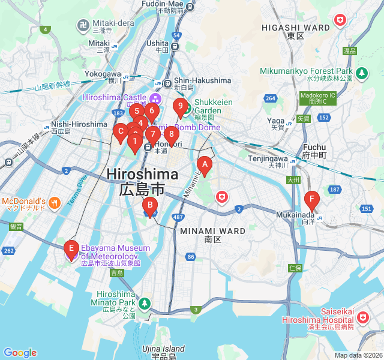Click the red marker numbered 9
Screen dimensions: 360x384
pyautogui.click(x=179, y=107)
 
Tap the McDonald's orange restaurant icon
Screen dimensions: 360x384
pyautogui.click(x=55, y=202)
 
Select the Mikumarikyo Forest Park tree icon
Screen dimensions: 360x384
pyautogui.click(x=361, y=73)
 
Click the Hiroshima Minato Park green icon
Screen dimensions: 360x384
pyautogui.click(x=144, y=304)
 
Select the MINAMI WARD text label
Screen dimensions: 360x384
pyautogui.click(x=212, y=231)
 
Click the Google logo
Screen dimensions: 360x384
pyautogui.click(x=20, y=353)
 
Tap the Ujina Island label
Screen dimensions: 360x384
pyautogui.click(x=163, y=349)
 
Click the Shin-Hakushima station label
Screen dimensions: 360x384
pyautogui.click(x=202, y=80)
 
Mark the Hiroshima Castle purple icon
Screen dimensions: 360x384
pyautogui.click(x=156, y=98)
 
